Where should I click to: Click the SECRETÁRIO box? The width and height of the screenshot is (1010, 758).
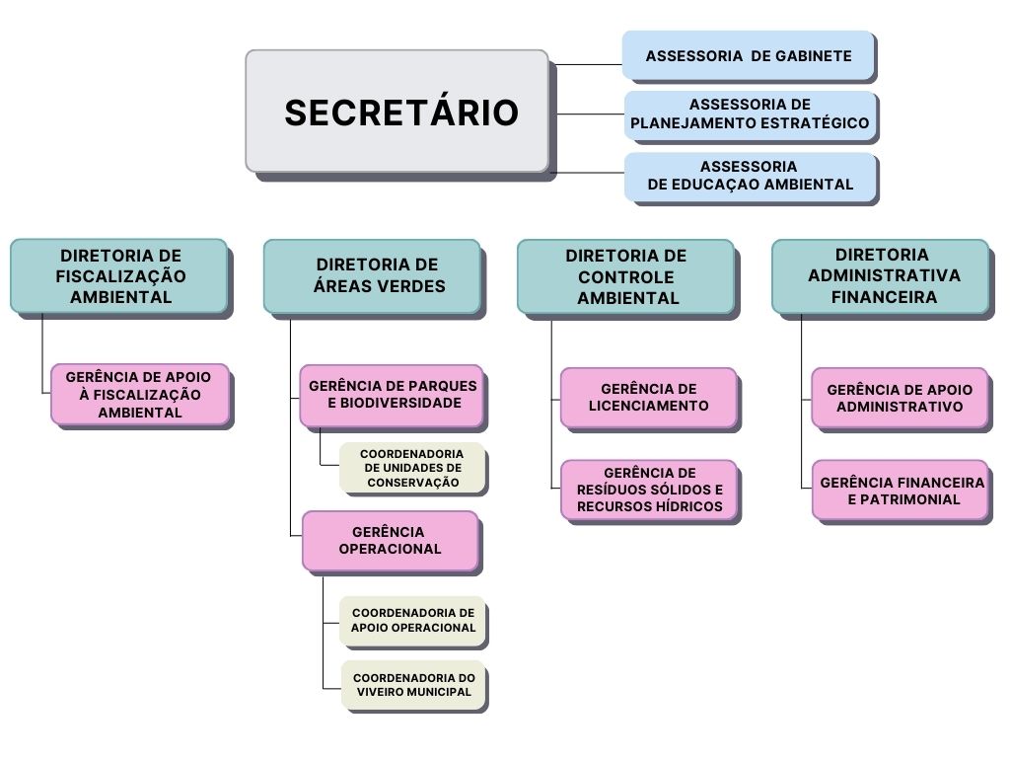pyautogui.click(x=397, y=111)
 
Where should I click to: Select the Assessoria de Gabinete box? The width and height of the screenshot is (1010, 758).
pyautogui.click(x=748, y=55)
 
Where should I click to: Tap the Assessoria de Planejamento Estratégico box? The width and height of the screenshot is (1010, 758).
pyautogui.click(x=750, y=114)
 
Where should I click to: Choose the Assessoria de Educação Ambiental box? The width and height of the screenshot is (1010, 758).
pyautogui.click(x=750, y=176)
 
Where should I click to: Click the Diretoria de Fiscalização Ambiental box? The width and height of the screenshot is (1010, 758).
pyautogui.click(x=119, y=276)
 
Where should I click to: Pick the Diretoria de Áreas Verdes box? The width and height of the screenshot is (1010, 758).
pyautogui.click(x=372, y=276)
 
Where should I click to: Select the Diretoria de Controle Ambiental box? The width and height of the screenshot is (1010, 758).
pyautogui.click(x=626, y=277)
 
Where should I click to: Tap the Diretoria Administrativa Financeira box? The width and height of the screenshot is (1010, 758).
pyautogui.click(x=881, y=276)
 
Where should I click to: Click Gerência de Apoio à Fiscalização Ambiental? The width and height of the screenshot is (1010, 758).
pyautogui.click(x=140, y=395)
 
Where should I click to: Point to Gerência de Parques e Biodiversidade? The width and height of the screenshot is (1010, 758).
pyautogui.click(x=392, y=396)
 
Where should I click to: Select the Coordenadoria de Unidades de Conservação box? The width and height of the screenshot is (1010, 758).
pyautogui.click(x=412, y=468)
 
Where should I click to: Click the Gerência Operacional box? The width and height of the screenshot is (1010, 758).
pyautogui.click(x=391, y=541)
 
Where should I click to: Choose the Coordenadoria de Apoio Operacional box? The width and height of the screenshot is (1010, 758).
pyautogui.click(x=413, y=621)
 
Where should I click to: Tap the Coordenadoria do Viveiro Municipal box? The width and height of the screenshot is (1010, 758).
pyautogui.click(x=413, y=685)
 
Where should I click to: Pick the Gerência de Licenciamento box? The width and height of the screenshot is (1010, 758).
pyautogui.click(x=649, y=398)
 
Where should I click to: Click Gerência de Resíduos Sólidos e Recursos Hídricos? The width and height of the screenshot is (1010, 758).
pyautogui.click(x=649, y=490)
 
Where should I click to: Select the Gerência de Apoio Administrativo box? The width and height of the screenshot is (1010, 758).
pyautogui.click(x=900, y=398)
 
